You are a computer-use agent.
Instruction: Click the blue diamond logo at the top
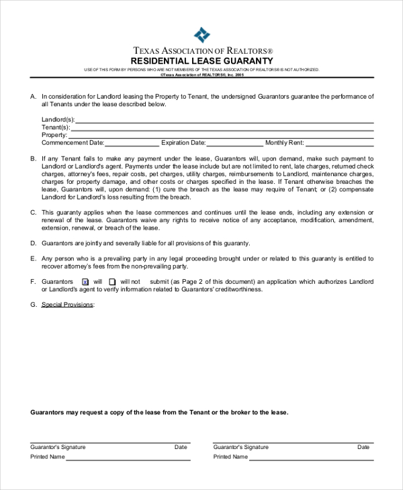click(x=201, y=35)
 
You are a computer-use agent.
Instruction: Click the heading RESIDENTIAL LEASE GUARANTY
click(x=201, y=60)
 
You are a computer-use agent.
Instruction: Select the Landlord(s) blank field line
click(x=224, y=121)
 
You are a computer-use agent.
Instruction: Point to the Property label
click(x=54, y=135)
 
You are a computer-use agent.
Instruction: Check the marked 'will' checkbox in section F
click(x=85, y=282)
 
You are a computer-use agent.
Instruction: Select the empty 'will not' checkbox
click(x=112, y=282)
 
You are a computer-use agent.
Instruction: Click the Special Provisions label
click(x=68, y=305)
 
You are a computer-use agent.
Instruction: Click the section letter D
click(x=33, y=243)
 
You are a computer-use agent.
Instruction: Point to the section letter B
click(x=33, y=158)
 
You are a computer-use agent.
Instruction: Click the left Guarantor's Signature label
click(x=58, y=447)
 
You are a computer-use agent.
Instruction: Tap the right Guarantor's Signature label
click(x=240, y=447)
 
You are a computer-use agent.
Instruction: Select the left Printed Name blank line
click(x=128, y=459)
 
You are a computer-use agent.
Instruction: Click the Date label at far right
click(x=363, y=447)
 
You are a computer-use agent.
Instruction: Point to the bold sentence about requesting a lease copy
click(x=159, y=412)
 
